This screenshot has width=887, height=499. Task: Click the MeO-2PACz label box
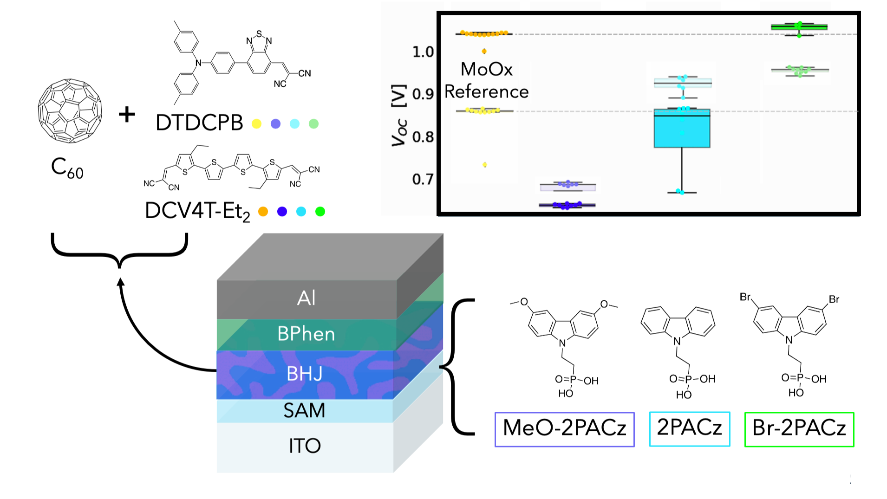pos(564,429)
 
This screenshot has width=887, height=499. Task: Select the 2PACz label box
pos(689,428)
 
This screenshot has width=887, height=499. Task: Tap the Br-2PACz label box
pos(799,429)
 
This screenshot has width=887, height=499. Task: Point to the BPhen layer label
pos(306,334)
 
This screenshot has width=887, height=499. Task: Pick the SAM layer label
pos(305,411)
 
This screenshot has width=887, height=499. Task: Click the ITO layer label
pos(305,446)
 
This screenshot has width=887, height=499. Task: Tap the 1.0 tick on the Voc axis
pos(423,52)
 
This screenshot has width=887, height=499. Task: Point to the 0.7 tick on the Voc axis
pos(423,179)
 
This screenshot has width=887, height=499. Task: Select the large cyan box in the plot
pos(682,128)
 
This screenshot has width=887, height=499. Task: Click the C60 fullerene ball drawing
pos(70,110)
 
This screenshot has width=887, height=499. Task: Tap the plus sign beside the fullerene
pos(127,114)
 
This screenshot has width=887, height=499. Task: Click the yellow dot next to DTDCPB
pos(256,124)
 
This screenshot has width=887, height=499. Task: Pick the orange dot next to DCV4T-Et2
pos(263,212)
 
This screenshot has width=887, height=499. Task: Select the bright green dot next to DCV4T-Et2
pos(320,212)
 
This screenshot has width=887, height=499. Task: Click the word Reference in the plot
pos(486,92)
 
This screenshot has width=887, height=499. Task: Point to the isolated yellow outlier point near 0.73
pos(485,165)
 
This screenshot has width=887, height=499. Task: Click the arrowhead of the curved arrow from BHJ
pos(121,282)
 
